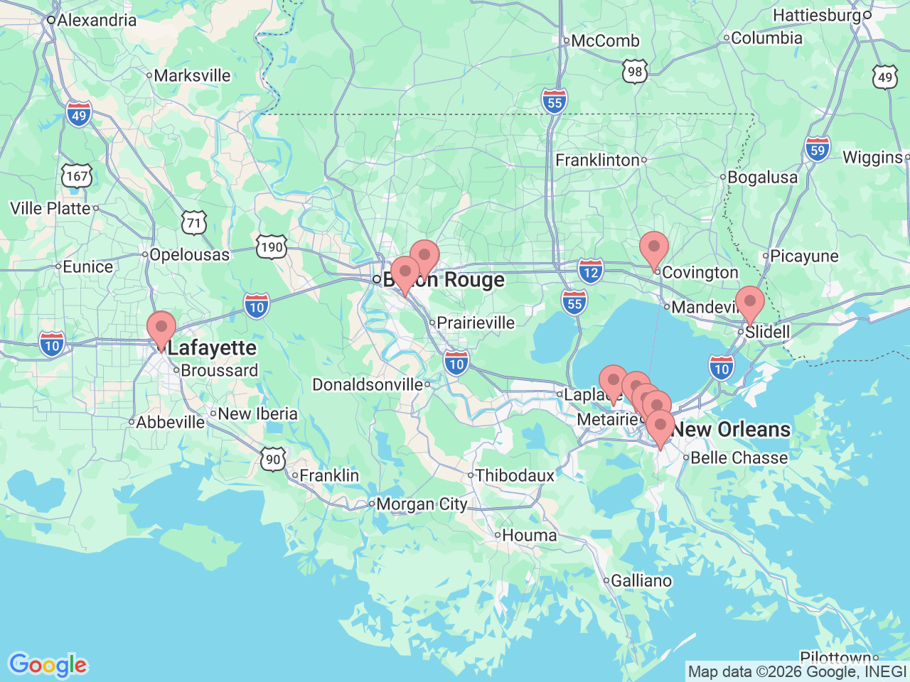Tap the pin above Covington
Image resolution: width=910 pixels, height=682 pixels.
(653, 249)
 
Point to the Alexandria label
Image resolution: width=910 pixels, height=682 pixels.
(96, 20)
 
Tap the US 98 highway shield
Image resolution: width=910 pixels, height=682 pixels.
(635, 71)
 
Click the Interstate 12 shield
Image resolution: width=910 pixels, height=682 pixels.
(590, 271)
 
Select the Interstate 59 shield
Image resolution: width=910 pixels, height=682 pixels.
(818, 149)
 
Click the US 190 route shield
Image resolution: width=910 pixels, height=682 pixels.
(271, 247)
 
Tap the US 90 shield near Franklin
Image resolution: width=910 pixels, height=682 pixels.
(274, 459)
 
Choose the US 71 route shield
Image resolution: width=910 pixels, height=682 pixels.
(193, 223)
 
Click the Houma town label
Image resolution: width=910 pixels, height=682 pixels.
(529, 535)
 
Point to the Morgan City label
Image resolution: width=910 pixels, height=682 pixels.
(421, 504)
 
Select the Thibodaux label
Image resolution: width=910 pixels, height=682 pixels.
(514, 475)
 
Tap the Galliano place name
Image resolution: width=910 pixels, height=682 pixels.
(641, 580)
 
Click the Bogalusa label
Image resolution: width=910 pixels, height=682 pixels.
(762, 177)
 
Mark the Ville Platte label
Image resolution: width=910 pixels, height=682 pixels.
(50, 208)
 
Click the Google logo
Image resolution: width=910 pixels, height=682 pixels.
(48, 665)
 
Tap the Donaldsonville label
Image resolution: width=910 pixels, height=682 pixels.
(368, 384)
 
